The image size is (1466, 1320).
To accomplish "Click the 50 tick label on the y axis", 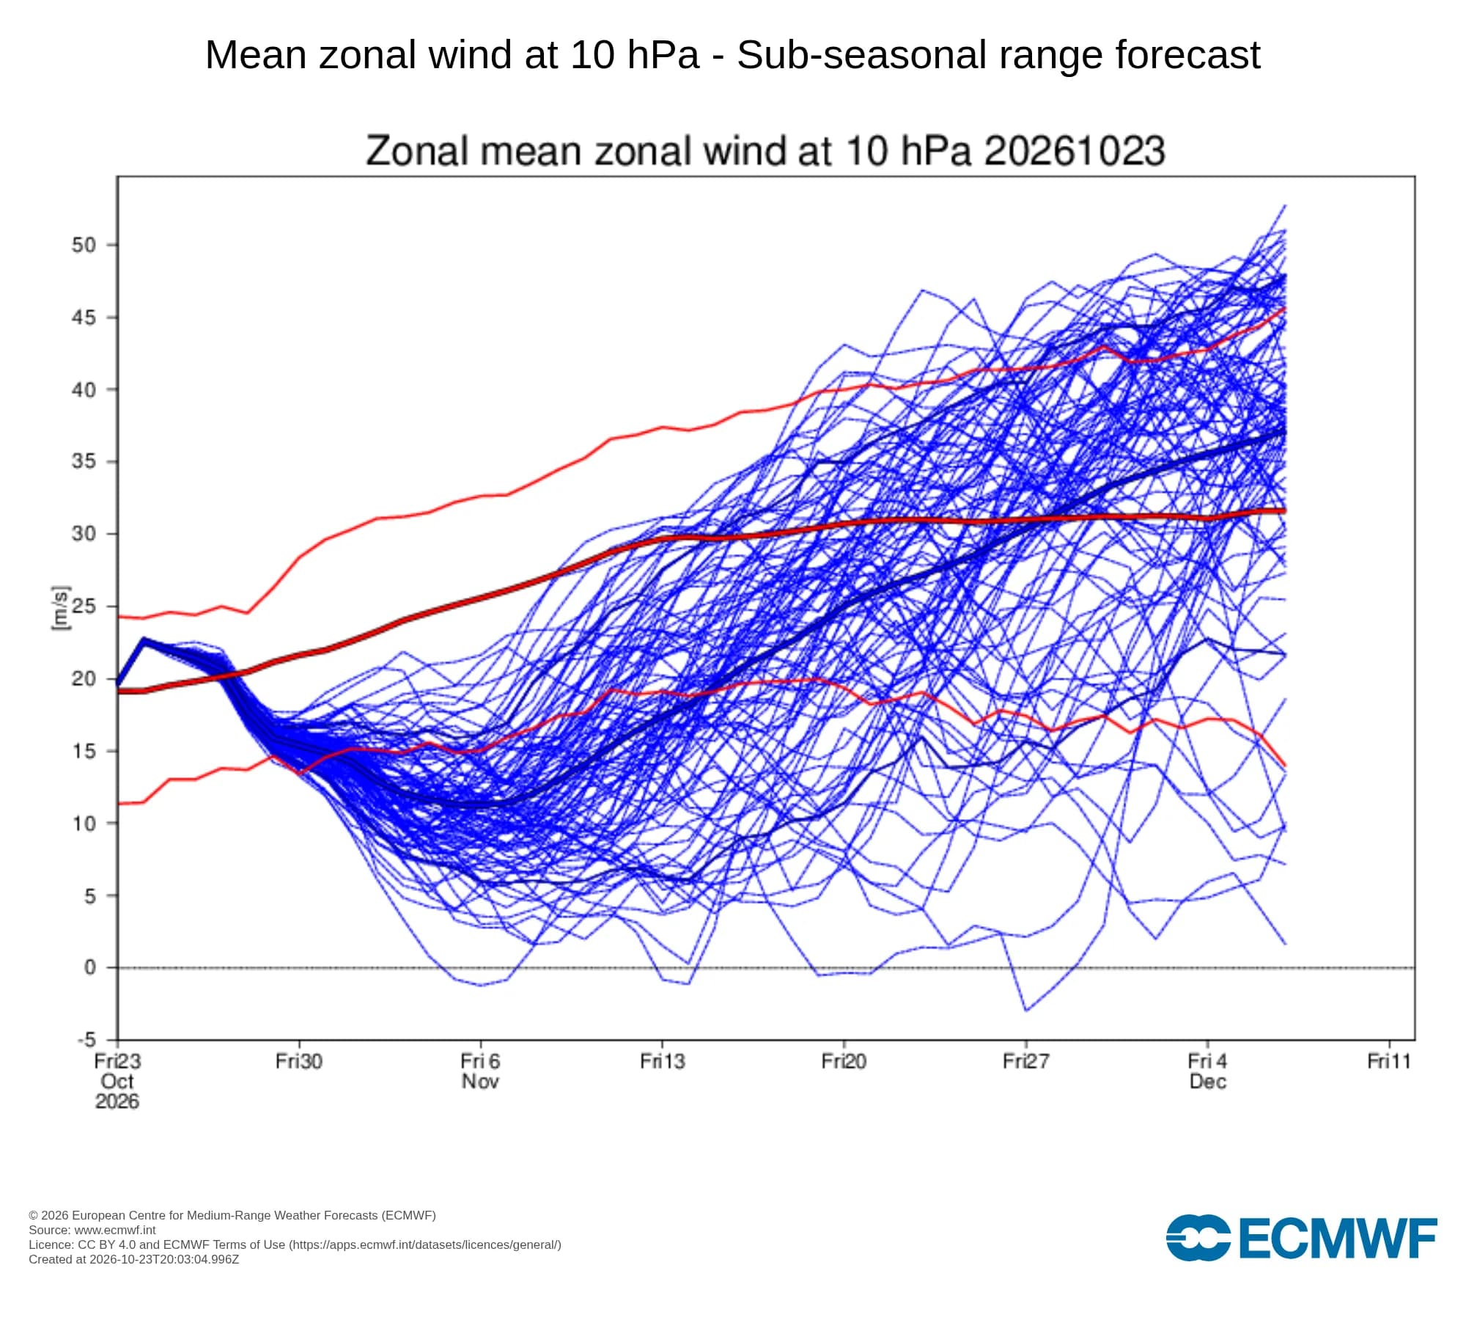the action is point(84,245).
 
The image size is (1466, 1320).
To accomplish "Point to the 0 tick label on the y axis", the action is point(90,967).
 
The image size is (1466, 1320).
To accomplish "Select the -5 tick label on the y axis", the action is point(87,1039).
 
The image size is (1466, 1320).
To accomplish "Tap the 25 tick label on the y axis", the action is point(84,606).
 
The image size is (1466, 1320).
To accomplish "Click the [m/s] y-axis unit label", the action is point(61,608).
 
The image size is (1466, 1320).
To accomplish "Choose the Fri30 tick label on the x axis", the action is point(299,1061).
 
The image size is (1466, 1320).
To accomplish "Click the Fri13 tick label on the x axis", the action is point(663,1061).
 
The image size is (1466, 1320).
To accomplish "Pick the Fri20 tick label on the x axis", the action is point(844,1061).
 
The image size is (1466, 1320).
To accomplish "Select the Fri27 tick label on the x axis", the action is point(1026,1061).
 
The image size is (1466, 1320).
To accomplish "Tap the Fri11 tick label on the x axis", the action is point(1389,1061).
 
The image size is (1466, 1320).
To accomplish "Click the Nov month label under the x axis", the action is point(480,1081).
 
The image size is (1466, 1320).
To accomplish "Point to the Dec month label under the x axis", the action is point(1208,1081).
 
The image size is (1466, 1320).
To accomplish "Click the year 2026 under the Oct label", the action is point(117,1101).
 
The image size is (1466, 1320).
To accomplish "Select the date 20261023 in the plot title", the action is point(1075,151).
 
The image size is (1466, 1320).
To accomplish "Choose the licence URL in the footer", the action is point(425,1244).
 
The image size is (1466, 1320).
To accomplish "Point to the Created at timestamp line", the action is point(134,1259).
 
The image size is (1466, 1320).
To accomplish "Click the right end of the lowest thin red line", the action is point(1285,766).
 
